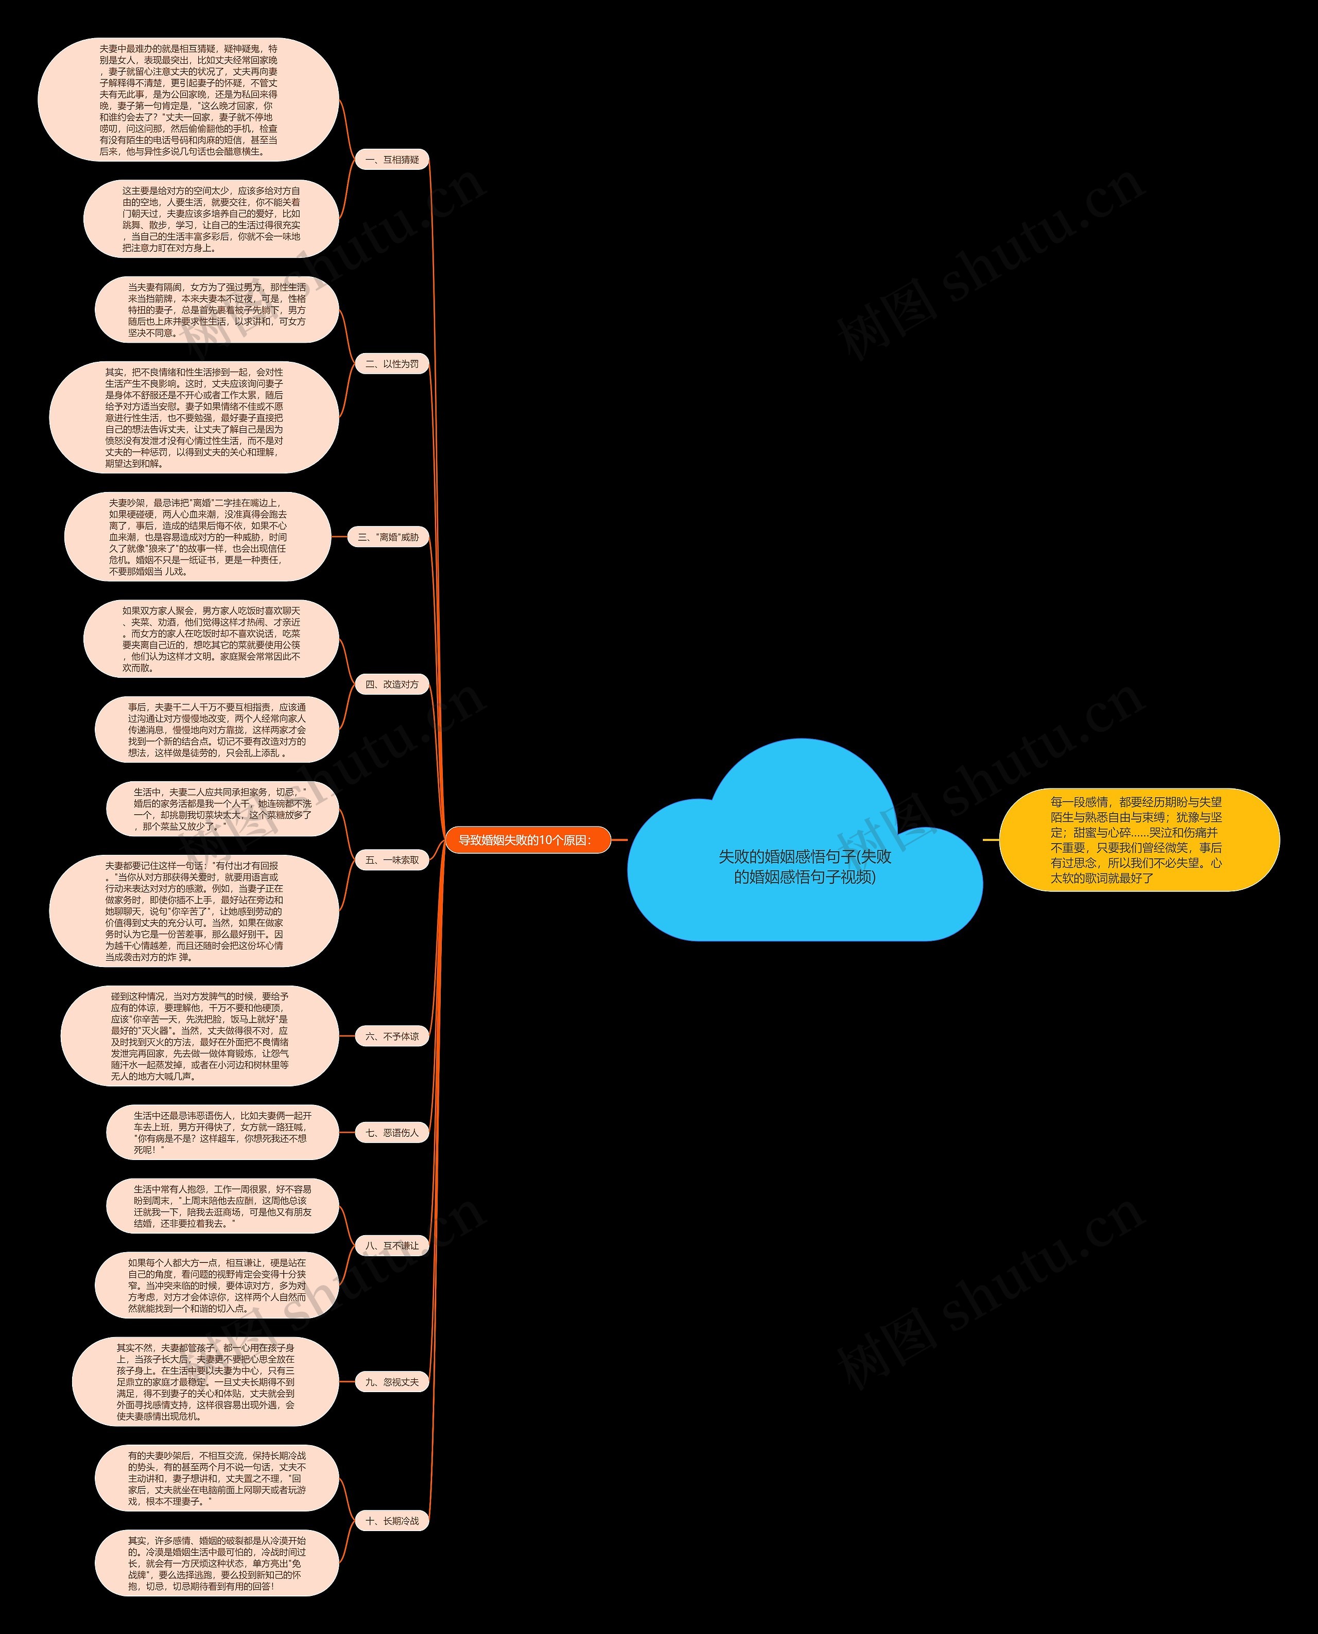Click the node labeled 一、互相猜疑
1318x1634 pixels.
392,160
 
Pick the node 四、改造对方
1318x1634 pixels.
392,684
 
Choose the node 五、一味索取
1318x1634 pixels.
392,860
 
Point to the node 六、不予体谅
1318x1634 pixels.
392,1036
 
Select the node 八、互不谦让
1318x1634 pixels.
392,1245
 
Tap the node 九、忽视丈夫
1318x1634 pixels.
392,1382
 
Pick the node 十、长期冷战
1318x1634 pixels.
392,1520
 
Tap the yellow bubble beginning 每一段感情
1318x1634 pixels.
1138,839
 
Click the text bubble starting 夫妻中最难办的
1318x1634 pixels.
188,99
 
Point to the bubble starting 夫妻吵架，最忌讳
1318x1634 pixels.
197,537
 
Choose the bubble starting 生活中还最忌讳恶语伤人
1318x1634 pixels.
222,1132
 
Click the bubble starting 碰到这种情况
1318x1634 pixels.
199,1036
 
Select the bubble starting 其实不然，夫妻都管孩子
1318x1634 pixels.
205,1381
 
